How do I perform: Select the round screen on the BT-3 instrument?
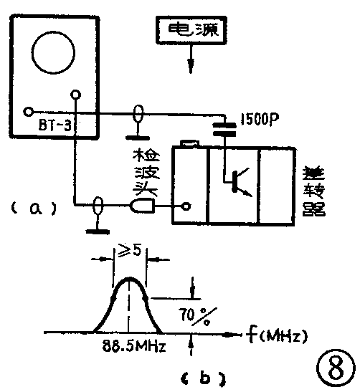point(52,49)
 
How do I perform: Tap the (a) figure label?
point(33,208)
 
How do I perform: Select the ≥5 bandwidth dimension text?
point(130,252)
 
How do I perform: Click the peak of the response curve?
point(130,279)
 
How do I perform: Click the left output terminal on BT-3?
point(27,112)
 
